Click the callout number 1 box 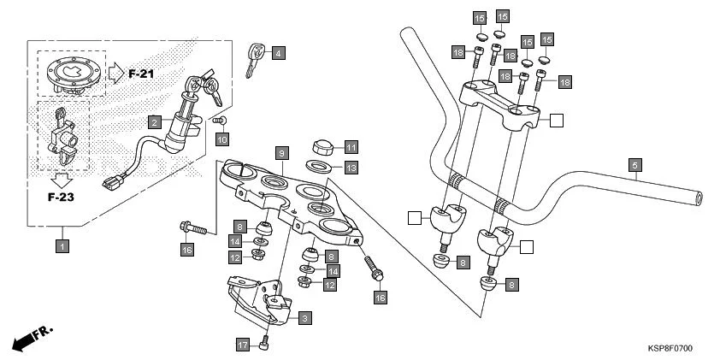click(62, 245)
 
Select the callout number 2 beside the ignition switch click(154, 122)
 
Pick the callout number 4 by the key click(278, 54)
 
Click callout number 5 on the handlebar click(634, 165)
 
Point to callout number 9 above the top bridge click(280, 153)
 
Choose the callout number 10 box click(221, 139)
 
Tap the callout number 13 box click(351, 167)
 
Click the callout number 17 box click(243, 344)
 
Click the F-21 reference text click(141, 74)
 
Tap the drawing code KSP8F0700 click(670, 349)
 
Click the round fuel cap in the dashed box click(72, 74)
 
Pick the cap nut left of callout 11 click(323, 145)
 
